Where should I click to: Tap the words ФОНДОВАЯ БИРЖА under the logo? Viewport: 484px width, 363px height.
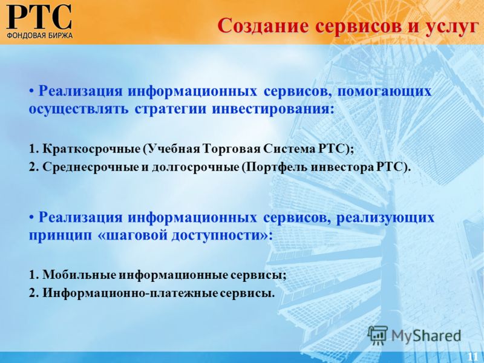39,35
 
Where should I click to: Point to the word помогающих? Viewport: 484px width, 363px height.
384,92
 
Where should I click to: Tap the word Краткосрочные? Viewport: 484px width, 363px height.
91,149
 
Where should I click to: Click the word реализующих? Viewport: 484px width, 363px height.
385,218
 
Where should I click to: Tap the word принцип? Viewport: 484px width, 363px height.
60,236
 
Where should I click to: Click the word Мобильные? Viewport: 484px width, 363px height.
79,275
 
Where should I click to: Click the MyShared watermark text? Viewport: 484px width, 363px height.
426,336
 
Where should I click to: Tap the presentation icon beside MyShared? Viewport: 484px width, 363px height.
378,335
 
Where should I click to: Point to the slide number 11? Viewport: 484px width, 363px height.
473,357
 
